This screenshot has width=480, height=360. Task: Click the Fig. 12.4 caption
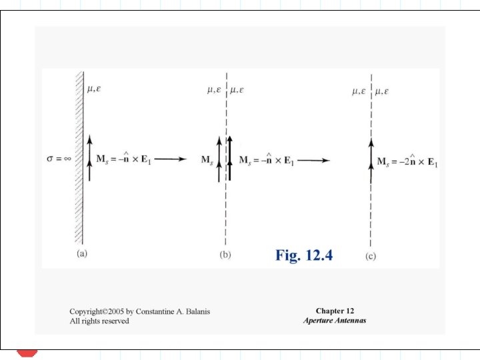(x=303, y=255)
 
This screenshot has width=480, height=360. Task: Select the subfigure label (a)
(x=82, y=254)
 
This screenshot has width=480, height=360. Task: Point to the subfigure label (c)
(x=371, y=255)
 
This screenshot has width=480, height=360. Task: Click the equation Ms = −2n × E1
(x=407, y=161)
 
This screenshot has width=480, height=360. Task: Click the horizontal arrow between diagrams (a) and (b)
(x=171, y=160)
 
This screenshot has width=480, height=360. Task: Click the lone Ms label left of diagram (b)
(x=207, y=160)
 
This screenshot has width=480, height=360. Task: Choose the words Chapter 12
(x=335, y=311)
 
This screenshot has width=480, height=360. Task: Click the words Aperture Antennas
(x=335, y=321)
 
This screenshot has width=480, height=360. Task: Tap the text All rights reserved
(x=99, y=321)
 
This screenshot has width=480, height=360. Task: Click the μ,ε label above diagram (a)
(x=94, y=89)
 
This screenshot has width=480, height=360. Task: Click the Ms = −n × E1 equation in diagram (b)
(x=267, y=160)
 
